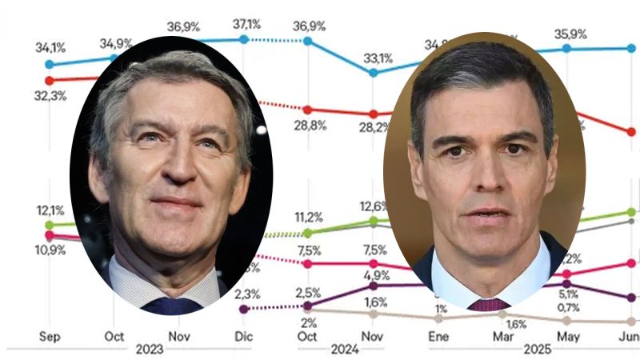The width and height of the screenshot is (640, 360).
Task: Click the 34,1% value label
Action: (x=49, y=47)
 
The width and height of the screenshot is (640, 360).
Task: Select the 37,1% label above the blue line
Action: (x=246, y=24)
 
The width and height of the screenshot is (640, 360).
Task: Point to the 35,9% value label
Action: (x=571, y=34)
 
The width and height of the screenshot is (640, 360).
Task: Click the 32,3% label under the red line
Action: (x=50, y=96)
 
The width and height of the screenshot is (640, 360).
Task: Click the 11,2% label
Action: (x=308, y=217)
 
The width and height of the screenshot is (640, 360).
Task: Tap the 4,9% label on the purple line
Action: (x=375, y=275)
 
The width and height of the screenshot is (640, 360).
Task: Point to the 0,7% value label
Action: (x=568, y=307)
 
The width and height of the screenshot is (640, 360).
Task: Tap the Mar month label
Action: (x=502, y=337)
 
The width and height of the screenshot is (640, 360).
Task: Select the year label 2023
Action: (x=150, y=350)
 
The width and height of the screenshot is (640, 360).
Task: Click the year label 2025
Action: (x=536, y=350)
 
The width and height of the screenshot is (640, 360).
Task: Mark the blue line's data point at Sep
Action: (x=49, y=64)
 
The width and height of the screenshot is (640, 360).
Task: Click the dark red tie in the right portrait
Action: (x=488, y=305)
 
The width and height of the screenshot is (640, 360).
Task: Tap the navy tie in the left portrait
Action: (x=171, y=306)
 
